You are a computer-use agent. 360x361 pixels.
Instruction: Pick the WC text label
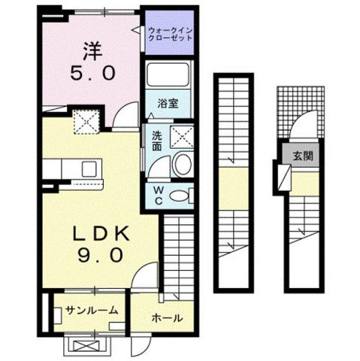point(159,196)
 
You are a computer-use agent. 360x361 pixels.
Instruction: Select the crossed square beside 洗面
point(180,136)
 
